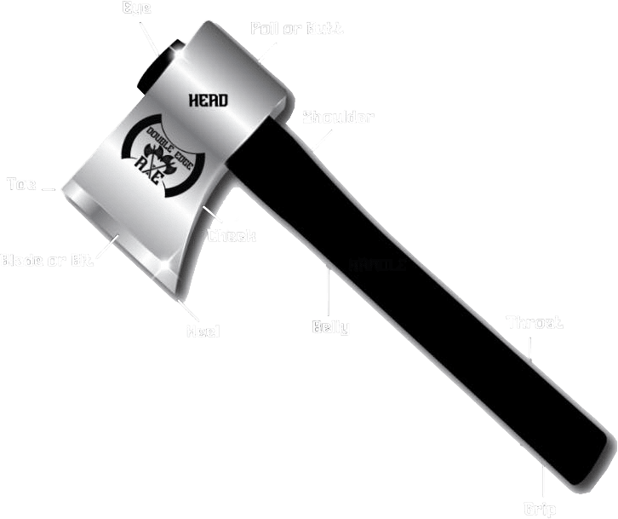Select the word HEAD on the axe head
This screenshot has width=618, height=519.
[x=208, y=100]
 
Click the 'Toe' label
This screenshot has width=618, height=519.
[x=21, y=183]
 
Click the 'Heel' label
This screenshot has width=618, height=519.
[x=203, y=331]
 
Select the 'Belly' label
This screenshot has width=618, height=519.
[x=330, y=326]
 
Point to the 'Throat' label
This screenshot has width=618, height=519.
[x=535, y=323]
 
